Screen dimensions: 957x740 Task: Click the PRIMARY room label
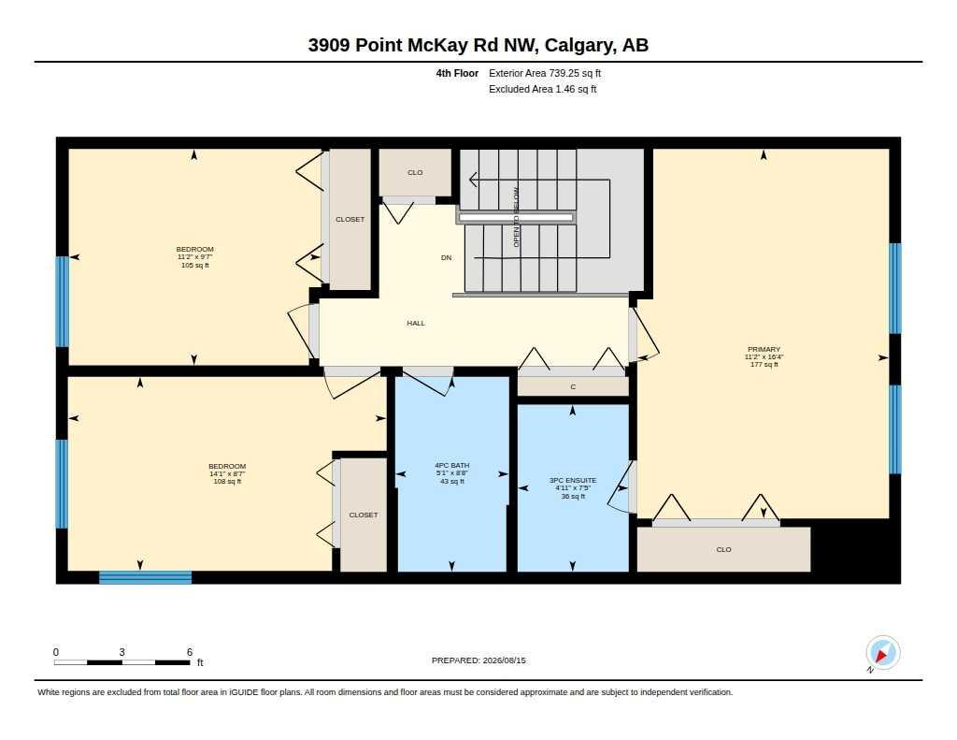[764, 350]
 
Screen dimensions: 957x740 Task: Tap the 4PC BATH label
[451, 466]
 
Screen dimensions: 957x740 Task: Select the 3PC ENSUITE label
[573, 480]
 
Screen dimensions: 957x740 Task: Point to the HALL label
[416, 323]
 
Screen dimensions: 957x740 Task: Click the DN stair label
[446, 257]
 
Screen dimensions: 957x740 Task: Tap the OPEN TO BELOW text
[516, 218]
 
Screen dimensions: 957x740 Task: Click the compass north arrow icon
[882, 653]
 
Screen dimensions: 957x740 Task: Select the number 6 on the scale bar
[190, 652]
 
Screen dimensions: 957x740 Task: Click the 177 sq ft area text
[764, 364]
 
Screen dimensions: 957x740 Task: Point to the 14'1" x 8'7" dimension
[227, 473]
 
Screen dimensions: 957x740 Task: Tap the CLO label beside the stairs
[415, 172]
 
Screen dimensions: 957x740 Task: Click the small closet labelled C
[573, 386]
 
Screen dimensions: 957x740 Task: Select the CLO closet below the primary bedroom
[724, 549]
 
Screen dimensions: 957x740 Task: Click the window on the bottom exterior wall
[145, 577]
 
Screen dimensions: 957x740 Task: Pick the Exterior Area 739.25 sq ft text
[545, 73]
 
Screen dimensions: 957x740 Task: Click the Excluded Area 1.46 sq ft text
[543, 89]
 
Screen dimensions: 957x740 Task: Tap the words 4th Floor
[457, 73]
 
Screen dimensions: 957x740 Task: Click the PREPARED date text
[478, 660]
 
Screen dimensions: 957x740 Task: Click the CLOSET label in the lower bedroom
[364, 515]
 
